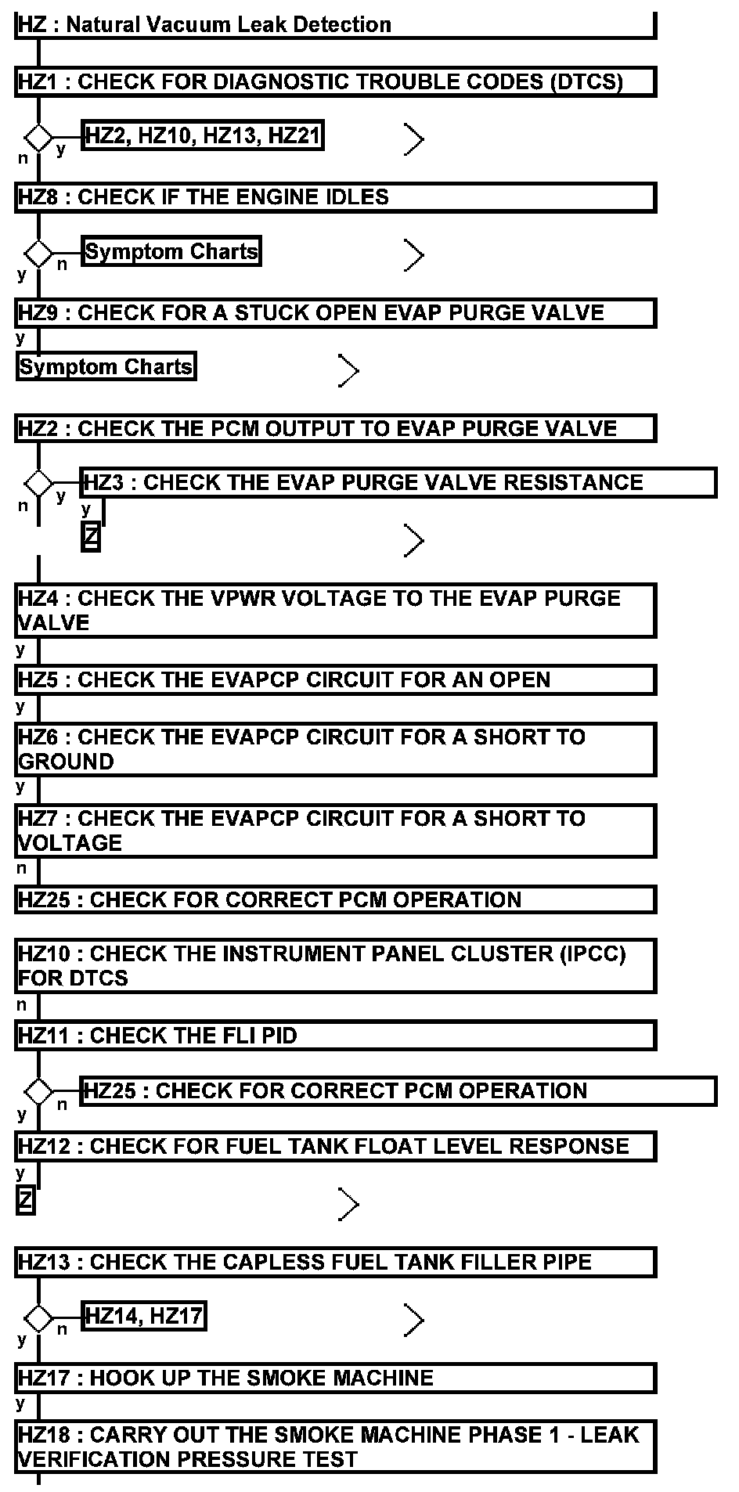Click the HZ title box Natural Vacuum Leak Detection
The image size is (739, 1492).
click(334, 25)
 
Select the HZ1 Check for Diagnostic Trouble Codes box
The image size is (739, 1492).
click(334, 81)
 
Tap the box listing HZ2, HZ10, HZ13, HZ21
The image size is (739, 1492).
click(202, 136)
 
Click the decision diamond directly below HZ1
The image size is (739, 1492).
click(38, 139)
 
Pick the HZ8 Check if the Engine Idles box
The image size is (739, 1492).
click(334, 197)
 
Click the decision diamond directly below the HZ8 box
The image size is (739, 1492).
click(38, 254)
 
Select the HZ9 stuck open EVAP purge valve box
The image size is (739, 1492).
click(334, 313)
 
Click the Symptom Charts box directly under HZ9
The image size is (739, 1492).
click(106, 367)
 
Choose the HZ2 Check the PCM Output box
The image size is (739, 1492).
click(334, 429)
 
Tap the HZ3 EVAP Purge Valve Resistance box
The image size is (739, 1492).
click(398, 482)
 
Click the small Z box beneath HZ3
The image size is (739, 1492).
click(91, 538)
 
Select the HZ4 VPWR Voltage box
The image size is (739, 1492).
click(334, 611)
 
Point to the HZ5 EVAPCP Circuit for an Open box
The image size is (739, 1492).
click(334, 679)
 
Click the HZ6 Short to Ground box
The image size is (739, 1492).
click(334, 749)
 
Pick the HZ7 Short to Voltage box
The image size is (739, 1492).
click(334, 831)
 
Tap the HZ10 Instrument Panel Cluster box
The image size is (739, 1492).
click(334, 966)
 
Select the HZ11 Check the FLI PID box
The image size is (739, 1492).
click(334, 1036)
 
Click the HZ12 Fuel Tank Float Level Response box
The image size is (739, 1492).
click(334, 1147)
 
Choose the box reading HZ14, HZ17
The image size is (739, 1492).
click(143, 1317)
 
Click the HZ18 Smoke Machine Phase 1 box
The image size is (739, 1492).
click(334, 1447)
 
